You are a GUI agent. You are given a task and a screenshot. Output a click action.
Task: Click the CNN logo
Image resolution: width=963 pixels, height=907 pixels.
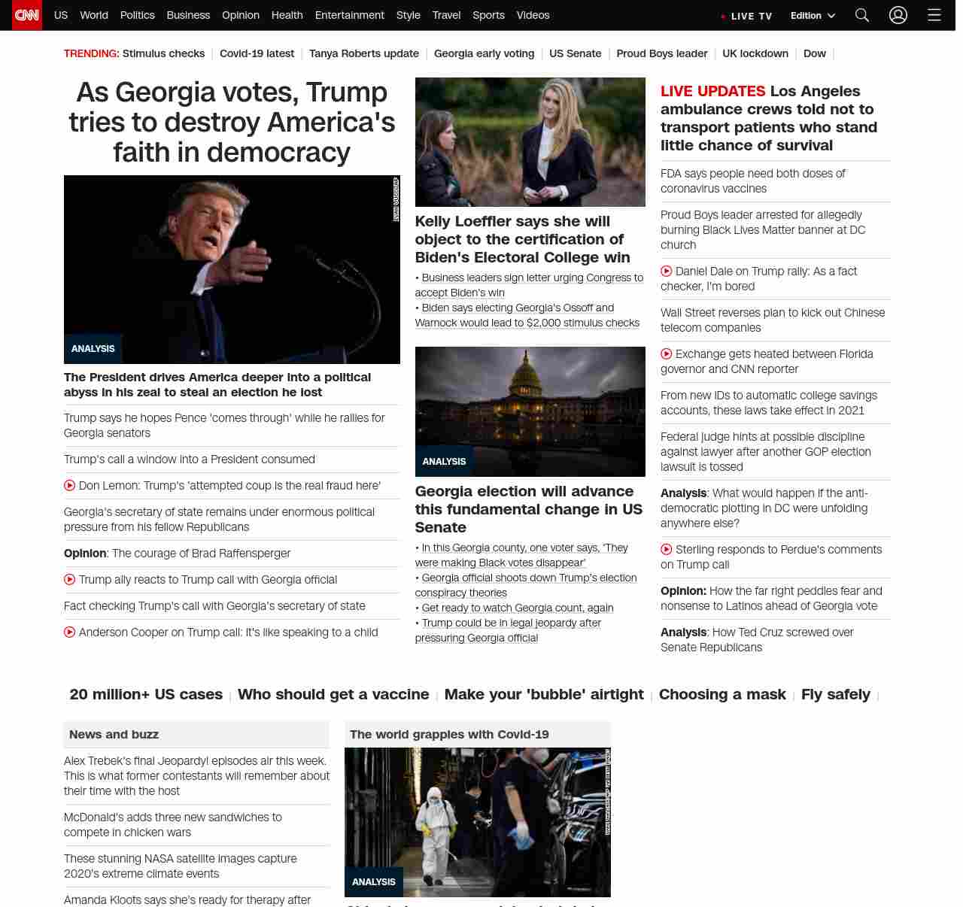pyautogui.click(x=27, y=15)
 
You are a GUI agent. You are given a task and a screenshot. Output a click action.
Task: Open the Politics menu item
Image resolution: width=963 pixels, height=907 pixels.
pyautogui.click(x=137, y=15)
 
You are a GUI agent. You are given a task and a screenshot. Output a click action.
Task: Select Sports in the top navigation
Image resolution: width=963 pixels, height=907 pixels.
pyautogui.click(x=488, y=15)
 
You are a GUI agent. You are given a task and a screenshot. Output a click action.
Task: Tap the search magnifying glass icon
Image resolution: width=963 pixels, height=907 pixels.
pyautogui.click(x=862, y=15)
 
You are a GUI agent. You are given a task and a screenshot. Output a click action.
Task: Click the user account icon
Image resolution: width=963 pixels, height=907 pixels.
pyautogui.click(x=898, y=15)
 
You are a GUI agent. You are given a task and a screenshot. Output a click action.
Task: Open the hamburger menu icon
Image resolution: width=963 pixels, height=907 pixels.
pyautogui.click(x=934, y=15)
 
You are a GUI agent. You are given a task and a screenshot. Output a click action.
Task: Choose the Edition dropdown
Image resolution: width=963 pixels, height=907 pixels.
pyautogui.click(x=813, y=16)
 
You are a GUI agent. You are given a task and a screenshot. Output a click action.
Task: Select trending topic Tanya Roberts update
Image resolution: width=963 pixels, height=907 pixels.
pyautogui.click(x=364, y=53)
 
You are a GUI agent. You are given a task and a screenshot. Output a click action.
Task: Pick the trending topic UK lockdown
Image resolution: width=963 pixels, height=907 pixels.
pyautogui.click(x=755, y=53)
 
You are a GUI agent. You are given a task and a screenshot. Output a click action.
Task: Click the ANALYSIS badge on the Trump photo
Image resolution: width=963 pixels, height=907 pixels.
pyautogui.click(x=93, y=349)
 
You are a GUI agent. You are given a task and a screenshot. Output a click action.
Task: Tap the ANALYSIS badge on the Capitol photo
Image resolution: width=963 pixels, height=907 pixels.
pyautogui.click(x=444, y=462)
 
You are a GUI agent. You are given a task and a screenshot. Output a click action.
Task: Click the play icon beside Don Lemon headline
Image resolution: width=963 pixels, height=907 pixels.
pyautogui.click(x=70, y=486)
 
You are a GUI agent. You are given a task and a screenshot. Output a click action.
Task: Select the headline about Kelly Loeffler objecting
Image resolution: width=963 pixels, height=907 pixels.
pyautogui.click(x=522, y=239)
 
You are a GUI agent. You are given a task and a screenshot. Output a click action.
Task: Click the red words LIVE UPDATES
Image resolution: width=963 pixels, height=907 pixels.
pyautogui.click(x=712, y=92)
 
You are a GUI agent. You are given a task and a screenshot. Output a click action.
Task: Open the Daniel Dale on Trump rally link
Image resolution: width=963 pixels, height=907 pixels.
pyautogui.click(x=766, y=271)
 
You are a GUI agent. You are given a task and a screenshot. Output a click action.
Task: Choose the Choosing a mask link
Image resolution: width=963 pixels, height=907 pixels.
pyautogui.click(x=722, y=694)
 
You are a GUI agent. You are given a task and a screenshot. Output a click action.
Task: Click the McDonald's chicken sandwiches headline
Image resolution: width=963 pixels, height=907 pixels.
pyautogui.click(x=173, y=825)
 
